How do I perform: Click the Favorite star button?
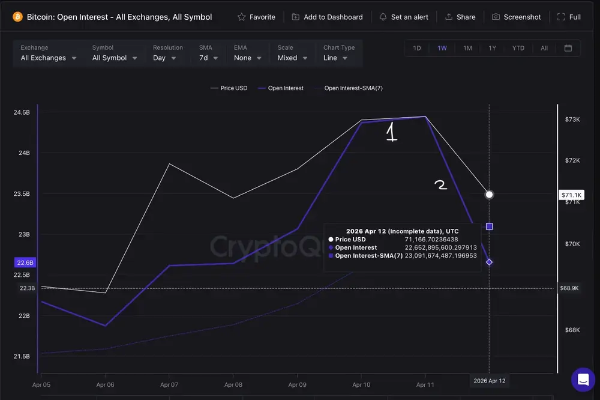pos(256,17)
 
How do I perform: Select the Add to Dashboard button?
pos(327,17)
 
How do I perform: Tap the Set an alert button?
pos(404,17)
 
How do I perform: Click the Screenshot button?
pos(516,17)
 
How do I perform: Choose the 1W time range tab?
pos(442,48)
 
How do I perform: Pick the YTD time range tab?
pos(518,48)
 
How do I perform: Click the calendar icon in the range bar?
pos(568,48)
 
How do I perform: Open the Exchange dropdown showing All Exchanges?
pos(49,58)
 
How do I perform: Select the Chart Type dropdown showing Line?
pos(338,58)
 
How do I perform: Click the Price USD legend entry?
pos(229,88)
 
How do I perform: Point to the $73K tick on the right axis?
pos(572,120)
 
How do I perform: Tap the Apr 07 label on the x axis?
pos(169,384)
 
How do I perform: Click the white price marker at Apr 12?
pos(490,195)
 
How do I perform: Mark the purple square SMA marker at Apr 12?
pos(490,226)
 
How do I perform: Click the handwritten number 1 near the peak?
pos(391,132)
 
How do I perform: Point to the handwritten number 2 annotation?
pos(441,185)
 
